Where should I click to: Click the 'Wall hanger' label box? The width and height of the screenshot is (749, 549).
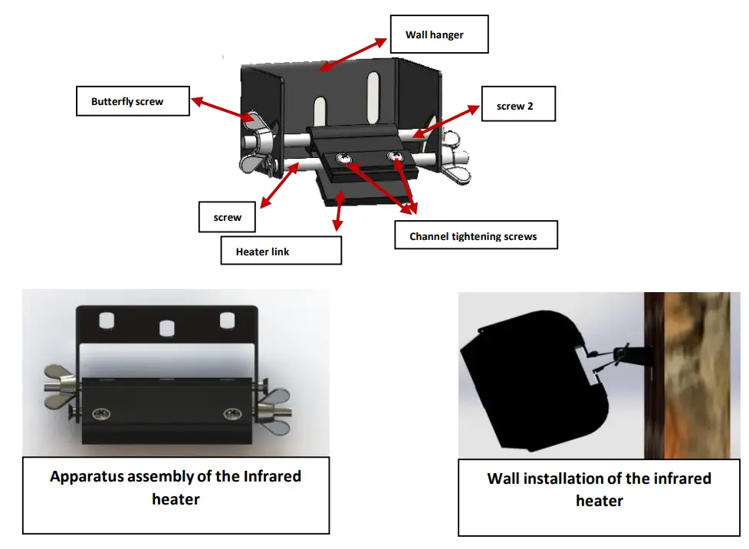click(439, 34)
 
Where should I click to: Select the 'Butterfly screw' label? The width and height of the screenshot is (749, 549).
click(132, 101)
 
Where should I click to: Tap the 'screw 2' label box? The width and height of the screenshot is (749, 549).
click(517, 106)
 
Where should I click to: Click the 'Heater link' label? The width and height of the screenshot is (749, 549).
click(280, 251)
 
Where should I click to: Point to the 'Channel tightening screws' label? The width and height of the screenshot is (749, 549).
click(475, 236)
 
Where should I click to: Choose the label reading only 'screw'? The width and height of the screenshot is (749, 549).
click(227, 217)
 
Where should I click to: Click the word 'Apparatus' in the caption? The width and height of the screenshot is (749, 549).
click(93, 476)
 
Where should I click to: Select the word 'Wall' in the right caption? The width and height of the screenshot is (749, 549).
click(504, 478)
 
